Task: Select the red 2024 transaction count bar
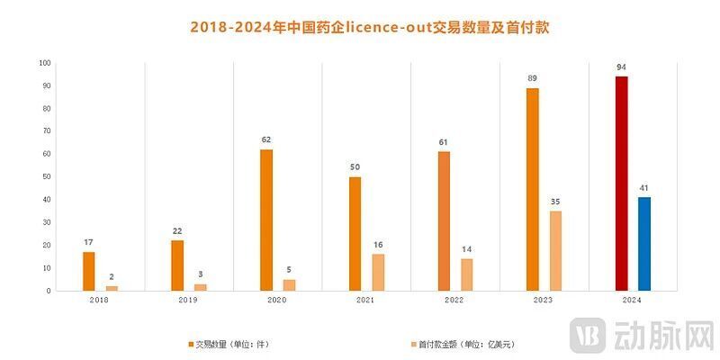[x=621, y=184]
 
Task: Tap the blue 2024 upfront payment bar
[x=643, y=244]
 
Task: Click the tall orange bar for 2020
[x=266, y=220]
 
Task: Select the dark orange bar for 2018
[x=88, y=271]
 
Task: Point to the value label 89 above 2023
[x=533, y=78]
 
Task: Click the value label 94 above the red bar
[x=621, y=67]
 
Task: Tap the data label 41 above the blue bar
[x=643, y=187]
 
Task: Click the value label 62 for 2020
[x=266, y=139]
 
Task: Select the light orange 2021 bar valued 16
[x=378, y=272]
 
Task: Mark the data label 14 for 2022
[x=466, y=248]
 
